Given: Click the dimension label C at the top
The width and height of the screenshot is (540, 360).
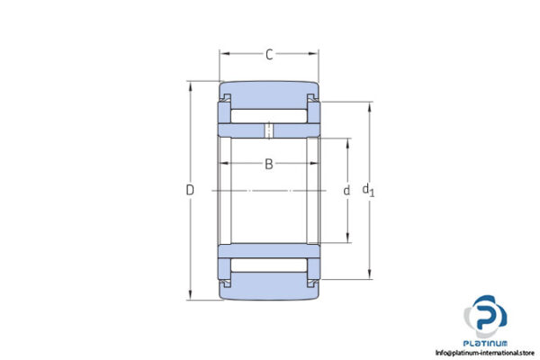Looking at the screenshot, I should click(269, 56).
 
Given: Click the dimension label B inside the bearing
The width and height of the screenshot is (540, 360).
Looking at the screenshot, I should click(268, 164).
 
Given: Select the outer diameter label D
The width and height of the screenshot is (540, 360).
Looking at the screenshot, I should click(190, 190).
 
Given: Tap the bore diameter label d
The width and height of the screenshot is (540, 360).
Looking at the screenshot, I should click(346, 191).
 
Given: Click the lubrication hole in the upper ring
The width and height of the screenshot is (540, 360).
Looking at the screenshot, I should click(268, 130).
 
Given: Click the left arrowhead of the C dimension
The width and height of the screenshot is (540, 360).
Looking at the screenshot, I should click(223, 56).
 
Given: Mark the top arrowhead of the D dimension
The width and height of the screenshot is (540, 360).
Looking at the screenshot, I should click(190, 85).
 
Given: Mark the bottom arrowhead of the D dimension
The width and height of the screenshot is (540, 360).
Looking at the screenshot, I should click(190, 296).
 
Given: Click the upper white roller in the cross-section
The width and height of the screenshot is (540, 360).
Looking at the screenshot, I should click(269, 115).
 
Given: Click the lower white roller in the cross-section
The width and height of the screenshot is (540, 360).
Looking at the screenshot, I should click(269, 266).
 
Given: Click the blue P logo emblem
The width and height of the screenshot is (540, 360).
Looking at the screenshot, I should click(486, 316).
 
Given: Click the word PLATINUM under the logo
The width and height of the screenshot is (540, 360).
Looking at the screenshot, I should click(486, 343).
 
